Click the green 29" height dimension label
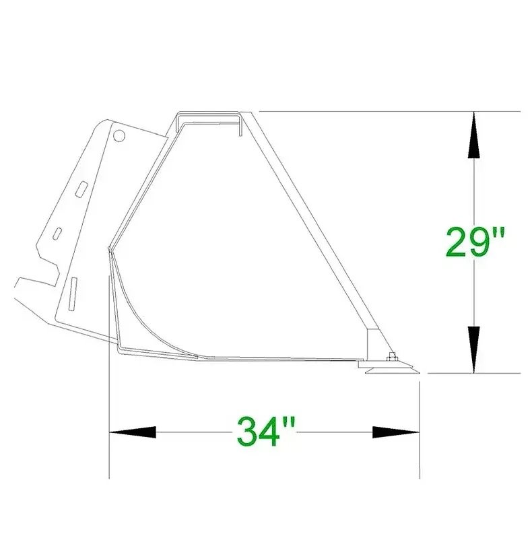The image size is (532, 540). coord(475,242)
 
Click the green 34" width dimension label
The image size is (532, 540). coord(266,431)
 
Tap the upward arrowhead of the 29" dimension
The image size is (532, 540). coord(474,135)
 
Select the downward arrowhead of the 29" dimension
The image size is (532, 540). coord(474,349)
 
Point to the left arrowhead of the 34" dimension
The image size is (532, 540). coord(133,432)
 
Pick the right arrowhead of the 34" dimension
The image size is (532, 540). coord(396,432)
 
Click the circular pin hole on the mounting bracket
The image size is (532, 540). coord(119,135)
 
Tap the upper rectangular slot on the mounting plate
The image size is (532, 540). coord(82,189)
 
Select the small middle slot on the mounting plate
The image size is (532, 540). coord(57,233)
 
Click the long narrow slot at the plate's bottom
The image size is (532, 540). coord(73,294)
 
